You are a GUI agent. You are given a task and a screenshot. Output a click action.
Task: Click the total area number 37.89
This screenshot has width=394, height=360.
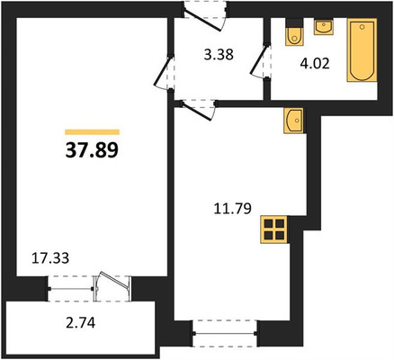92,150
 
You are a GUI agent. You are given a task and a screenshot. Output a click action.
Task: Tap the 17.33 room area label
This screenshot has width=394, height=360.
50,258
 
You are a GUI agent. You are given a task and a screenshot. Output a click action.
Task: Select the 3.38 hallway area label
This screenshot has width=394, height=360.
219,55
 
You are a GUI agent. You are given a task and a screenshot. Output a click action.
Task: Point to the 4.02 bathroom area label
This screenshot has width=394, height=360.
315,64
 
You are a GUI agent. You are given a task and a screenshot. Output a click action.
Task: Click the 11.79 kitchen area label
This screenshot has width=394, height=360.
232,209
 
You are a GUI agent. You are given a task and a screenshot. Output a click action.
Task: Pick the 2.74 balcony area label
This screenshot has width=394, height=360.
80,323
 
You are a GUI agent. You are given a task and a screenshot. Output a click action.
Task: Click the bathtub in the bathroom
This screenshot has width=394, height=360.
362,50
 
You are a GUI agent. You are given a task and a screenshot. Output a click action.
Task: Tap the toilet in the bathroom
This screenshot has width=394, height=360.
294,32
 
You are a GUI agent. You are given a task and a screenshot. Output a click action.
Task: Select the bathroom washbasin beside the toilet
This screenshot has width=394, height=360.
324,27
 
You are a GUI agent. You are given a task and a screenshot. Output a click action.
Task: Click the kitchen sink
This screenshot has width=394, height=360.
293,121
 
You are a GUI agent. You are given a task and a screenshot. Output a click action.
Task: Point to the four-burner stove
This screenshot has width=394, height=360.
274,229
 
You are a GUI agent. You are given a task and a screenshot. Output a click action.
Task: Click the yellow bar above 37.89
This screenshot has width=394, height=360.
93,132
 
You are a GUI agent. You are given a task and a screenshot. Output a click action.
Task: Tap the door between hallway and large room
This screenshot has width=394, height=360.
163,72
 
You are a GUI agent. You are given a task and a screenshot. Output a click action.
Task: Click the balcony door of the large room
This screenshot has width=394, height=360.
112,286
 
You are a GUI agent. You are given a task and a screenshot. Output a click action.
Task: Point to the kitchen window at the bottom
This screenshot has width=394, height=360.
225,333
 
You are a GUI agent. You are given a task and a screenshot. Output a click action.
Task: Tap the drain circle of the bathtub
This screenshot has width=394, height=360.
363,27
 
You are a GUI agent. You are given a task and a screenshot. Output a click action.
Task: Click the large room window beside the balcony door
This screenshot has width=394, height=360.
71,289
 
